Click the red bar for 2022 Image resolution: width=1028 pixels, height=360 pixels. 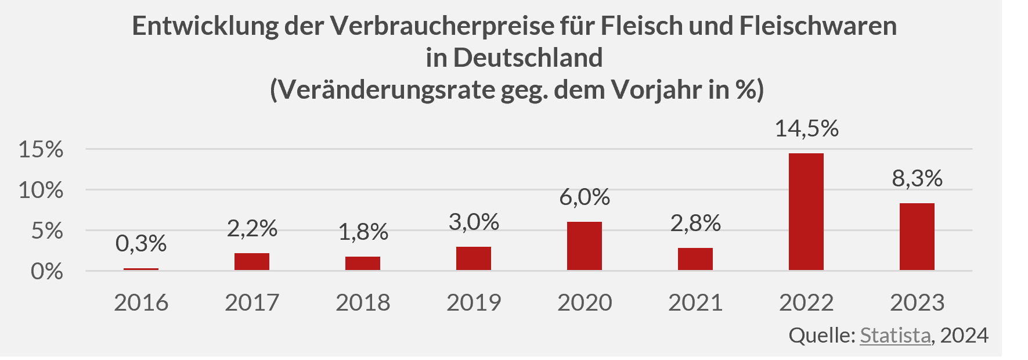[806, 212]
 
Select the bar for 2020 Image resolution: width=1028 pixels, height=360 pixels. [584, 246]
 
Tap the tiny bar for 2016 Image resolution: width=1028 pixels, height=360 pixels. [141, 269]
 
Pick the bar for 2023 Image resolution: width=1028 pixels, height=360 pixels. [917, 237]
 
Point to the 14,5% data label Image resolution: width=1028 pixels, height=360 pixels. [806, 128]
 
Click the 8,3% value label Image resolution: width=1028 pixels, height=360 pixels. [917, 178]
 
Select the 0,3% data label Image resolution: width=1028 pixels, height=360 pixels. [141, 244]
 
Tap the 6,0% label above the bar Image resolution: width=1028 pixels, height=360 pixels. [585, 197]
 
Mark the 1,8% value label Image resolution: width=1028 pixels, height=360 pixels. [363, 232]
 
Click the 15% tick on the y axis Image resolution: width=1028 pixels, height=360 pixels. [41, 150]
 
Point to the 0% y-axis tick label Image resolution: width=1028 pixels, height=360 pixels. [46, 271]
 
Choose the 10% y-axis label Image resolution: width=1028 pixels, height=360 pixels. [41, 190]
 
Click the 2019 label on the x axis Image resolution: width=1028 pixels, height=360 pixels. [474, 303]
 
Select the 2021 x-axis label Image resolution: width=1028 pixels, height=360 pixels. [695, 303]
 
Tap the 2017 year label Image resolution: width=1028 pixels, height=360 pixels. [252, 303]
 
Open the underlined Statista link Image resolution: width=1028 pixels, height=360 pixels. [895, 336]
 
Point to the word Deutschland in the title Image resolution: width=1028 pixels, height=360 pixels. [528, 57]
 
